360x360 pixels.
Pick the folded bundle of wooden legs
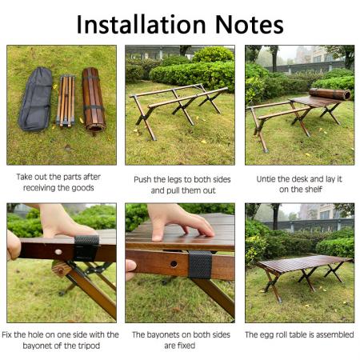(x=66, y=101)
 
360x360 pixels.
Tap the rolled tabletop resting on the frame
(x=330, y=94)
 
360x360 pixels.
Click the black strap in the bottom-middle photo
(x=199, y=264)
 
